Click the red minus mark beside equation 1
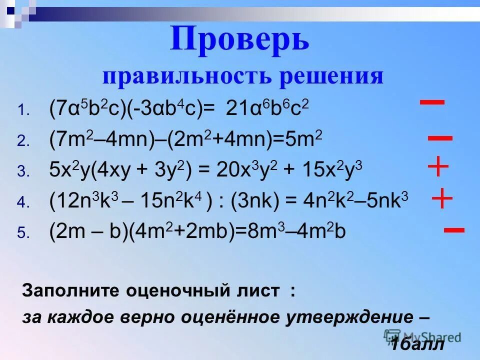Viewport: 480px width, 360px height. click(432, 102)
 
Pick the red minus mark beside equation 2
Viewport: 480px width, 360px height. click(440, 138)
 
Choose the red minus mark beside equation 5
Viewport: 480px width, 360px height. click(454, 230)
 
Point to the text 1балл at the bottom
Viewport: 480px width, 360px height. click(417, 344)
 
